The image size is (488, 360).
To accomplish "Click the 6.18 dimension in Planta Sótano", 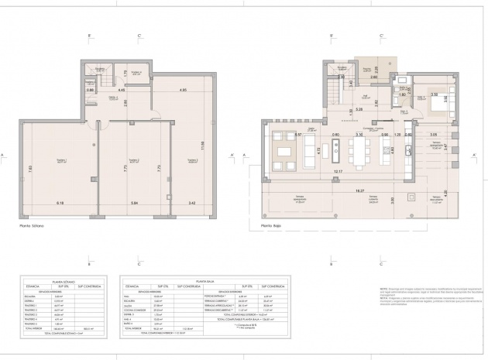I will [60, 203].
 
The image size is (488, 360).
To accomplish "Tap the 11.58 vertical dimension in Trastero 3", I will [201, 145].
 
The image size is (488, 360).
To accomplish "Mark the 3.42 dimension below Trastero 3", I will [191, 203].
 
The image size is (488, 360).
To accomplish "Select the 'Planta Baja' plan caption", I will [261, 228].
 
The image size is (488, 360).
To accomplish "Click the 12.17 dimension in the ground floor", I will [339, 171].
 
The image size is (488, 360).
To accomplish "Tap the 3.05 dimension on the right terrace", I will [432, 135].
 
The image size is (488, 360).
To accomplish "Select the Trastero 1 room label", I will [60, 160].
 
